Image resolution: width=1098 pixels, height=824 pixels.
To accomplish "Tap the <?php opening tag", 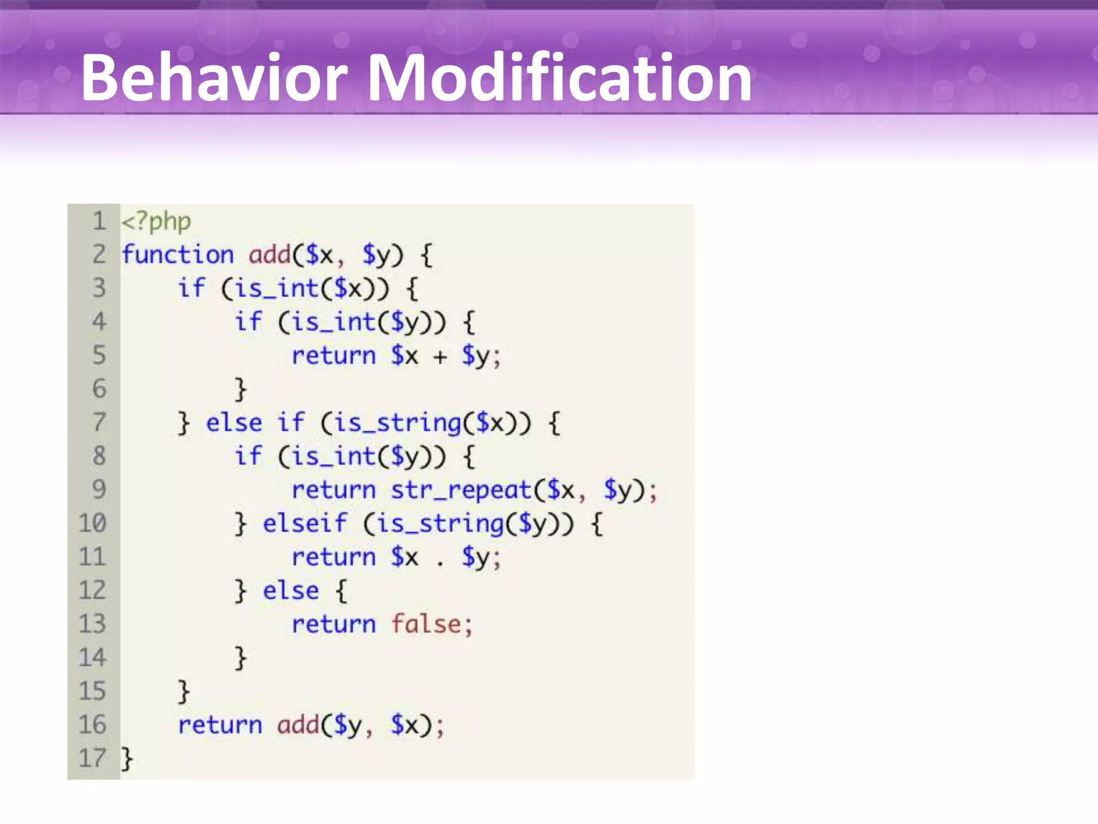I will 156,221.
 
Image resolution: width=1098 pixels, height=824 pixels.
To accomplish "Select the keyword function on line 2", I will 177,254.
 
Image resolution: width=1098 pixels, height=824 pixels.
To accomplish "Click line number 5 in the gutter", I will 99,355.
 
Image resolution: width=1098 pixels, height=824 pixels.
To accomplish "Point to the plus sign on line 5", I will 440,357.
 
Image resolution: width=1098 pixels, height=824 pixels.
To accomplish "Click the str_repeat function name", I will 461,490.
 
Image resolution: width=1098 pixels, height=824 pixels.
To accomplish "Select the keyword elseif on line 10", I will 305,523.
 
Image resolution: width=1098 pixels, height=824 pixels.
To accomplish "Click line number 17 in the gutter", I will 92,758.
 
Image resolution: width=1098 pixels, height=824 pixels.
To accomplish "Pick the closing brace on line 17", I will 127,759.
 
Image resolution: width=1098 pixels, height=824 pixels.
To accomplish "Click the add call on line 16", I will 298,725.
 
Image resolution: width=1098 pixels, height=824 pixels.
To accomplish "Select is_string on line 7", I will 398,423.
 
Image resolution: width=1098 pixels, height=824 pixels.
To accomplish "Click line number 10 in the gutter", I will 92,523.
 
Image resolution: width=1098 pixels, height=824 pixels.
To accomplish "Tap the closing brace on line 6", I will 240,389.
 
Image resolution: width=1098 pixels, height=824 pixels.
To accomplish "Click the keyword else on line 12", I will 291,591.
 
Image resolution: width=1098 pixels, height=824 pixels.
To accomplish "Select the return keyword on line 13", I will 333,624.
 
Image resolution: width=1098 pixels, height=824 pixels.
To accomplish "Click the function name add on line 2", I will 269,254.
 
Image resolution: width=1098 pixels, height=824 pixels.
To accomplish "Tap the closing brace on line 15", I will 183,691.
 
